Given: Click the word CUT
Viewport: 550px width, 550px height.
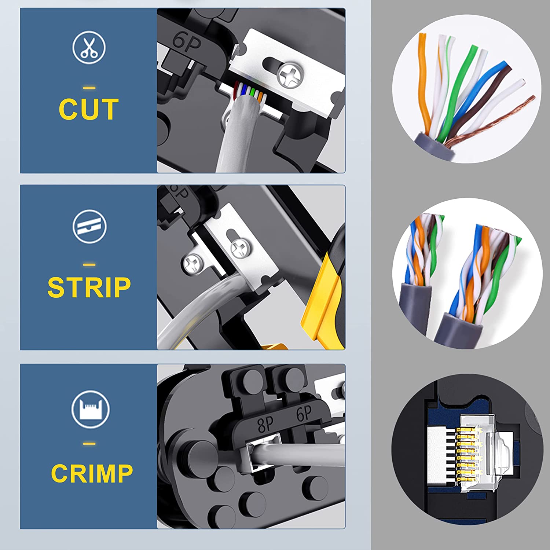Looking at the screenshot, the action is pos(89,109).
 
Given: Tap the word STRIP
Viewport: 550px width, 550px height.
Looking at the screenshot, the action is pos(89,287).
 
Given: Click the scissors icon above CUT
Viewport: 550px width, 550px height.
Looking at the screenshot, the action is pos(89,48).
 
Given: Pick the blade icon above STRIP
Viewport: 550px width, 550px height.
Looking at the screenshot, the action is pos(89,227).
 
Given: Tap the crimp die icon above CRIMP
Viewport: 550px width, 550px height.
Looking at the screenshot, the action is pos(90,409).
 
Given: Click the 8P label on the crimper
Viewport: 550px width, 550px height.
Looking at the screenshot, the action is pos(265,425).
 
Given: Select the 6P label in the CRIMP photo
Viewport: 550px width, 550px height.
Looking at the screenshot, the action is pos(304,414).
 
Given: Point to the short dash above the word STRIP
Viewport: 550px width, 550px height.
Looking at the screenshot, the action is pos(89,265).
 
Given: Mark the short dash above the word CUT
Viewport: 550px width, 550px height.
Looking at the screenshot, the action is pos(89,88).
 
